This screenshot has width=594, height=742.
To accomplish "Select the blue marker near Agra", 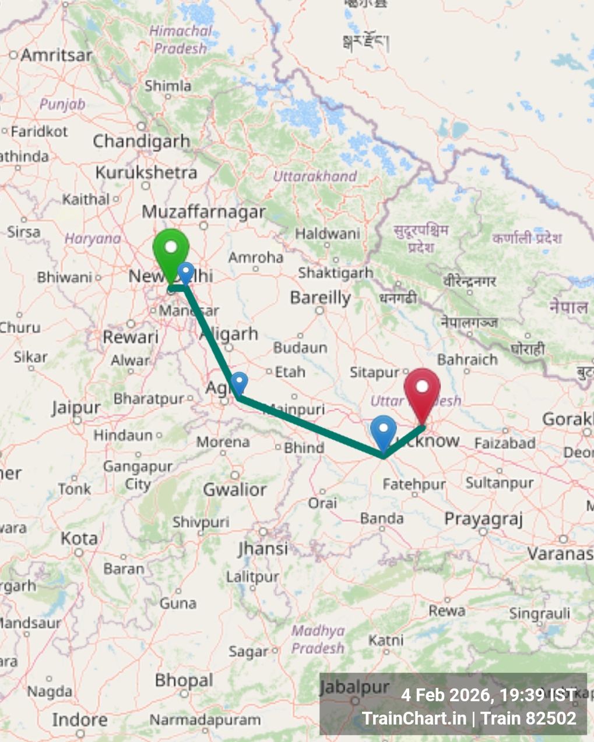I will (x=239, y=383).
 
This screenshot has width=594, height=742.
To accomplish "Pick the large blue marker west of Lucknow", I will (x=383, y=432).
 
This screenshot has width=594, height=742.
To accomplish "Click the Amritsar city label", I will (x=57, y=56).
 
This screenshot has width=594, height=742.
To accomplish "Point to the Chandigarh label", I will (x=142, y=142).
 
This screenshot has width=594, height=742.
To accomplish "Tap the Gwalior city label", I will (x=234, y=490).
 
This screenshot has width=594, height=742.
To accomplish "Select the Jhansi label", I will (x=263, y=549).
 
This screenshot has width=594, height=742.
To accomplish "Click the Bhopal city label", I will (x=184, y=680).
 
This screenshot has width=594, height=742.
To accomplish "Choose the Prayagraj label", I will (x=483, y=519).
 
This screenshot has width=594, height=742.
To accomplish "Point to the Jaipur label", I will (x=76, y=408).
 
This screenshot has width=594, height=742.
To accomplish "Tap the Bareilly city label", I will (x=320, y=298).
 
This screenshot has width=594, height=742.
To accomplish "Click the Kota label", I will (x=79, y=539).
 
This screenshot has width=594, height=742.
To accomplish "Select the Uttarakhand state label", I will (x=315, y=176).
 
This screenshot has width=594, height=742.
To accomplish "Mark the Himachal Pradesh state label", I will (x=181, y=40).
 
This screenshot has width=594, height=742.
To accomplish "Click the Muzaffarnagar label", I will (x=203, y=212).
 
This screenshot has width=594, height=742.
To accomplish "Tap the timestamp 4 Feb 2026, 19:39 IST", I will (x=488, y=695).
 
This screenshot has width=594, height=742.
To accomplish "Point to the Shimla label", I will (x=168, y=86).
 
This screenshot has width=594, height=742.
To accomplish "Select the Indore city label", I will (x=79, y=720).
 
